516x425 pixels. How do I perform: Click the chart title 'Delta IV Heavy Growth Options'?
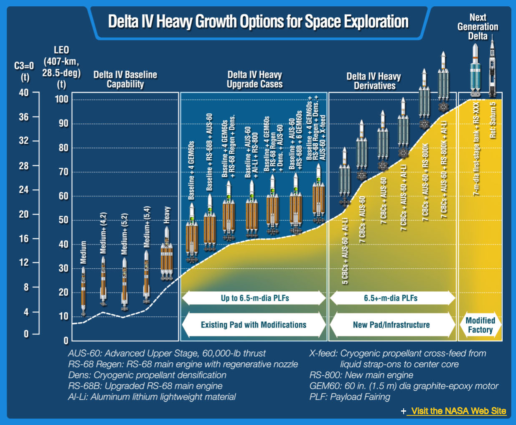coord(258,22)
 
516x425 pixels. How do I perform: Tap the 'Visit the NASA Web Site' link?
coord(458,411)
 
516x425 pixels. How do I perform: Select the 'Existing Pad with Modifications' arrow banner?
coord(254,325)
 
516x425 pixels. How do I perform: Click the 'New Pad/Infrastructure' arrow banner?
coord(391,325)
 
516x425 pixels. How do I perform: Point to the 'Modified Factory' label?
coord(480,325)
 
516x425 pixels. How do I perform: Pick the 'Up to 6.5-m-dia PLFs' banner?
coord(254,298)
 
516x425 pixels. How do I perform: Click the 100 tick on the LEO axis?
coord(62,99)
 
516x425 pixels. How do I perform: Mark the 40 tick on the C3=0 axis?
coord(24,92)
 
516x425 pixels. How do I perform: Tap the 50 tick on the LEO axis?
coord(63,220)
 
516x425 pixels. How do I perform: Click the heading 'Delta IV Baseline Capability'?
coord(125,79)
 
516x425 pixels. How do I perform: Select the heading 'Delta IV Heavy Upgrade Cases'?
coord(254,79)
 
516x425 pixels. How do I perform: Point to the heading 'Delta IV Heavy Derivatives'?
coord(374,81)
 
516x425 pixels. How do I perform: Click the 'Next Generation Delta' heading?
coord(478,26)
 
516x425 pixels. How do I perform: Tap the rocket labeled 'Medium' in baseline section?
coord(84,290)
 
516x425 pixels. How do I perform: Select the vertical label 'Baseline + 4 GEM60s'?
coord(191,170)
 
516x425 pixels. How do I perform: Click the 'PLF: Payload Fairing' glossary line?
coord(350,397)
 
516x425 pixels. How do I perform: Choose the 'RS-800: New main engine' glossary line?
coord(361,375)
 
